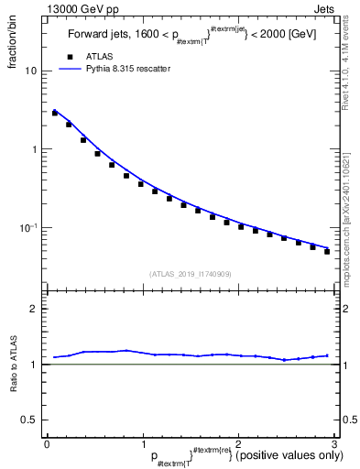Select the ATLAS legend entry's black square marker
coord(68,56)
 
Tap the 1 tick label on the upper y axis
coord(35,149)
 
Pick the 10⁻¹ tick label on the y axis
coord(30,228)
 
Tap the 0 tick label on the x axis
coord(47,442)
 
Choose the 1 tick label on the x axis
coord(142,442)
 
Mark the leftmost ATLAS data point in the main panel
coord(55,113)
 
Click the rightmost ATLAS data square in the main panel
coord(327,251)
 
